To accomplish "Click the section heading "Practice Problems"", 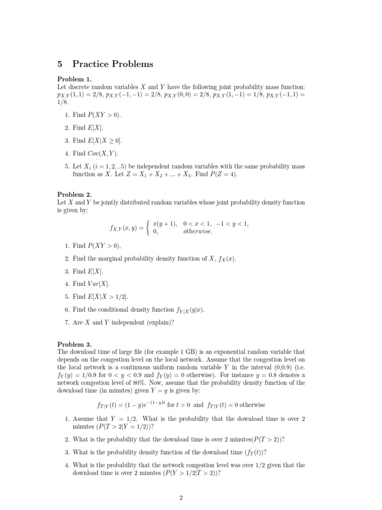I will pos(113,64).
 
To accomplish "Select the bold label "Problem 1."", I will pos(75,79).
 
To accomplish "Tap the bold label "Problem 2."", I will pos(75,195).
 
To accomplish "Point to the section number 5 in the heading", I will pos(60,64).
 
